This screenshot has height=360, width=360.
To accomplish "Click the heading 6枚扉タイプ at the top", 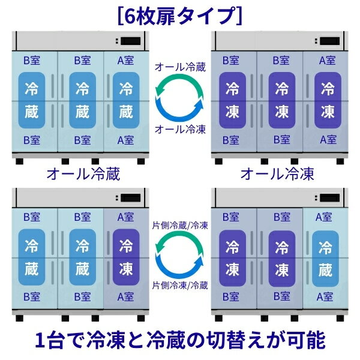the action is coord(180,16).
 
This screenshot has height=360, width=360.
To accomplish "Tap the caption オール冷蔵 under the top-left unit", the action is coord(83,174).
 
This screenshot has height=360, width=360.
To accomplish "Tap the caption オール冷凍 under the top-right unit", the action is coord(277,174).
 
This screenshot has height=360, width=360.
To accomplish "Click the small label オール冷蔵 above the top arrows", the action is coord(180,67).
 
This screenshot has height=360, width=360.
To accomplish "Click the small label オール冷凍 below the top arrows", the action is coord(180,130).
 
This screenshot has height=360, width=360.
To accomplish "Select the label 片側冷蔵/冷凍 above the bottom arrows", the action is coord(180,226).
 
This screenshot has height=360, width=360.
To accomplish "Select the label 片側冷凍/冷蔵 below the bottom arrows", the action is coord(180,286).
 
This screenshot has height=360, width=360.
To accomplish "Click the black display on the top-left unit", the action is coord(131,41).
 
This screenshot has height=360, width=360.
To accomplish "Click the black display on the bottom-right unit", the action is coord(329,198).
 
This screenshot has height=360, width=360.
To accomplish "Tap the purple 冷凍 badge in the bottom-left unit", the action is coord(126,257).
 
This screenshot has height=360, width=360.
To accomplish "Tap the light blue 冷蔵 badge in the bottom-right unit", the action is coord(325,259).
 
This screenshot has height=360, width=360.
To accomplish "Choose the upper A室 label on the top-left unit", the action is coord(125,61).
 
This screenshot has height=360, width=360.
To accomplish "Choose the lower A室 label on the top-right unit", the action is coord(328,140).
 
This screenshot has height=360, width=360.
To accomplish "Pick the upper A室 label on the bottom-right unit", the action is coord(324,217).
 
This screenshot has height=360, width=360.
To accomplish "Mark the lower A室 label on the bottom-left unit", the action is coord(125,297).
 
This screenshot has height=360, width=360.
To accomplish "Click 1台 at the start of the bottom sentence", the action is coord(49,340).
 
